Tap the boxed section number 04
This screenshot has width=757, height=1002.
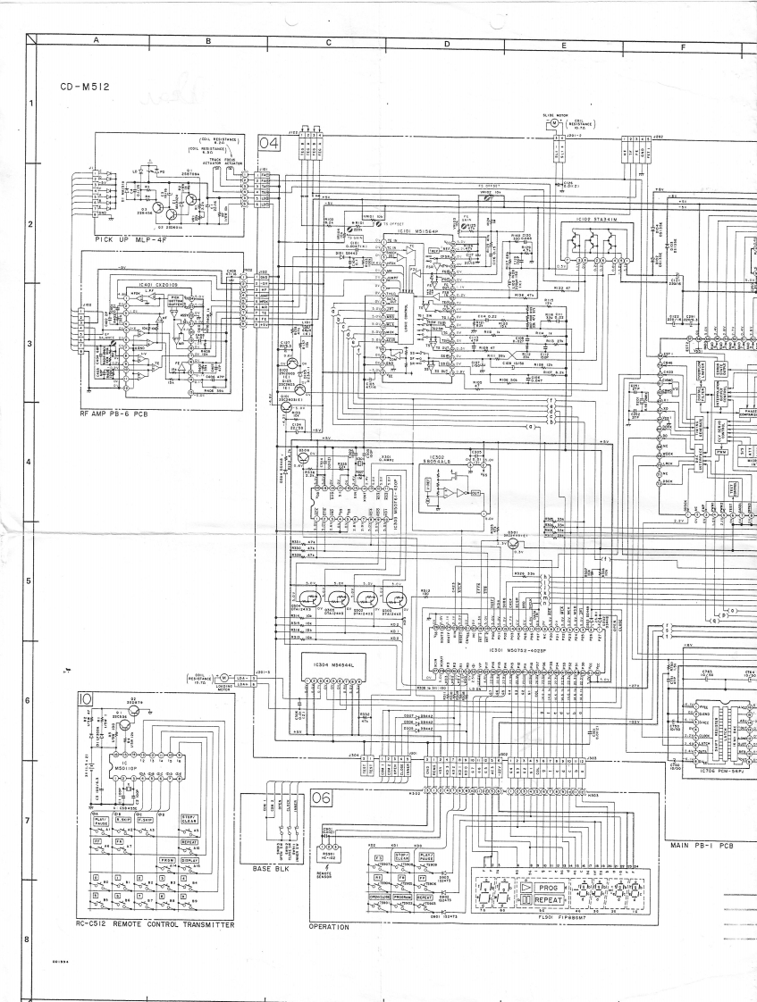pos(269,143)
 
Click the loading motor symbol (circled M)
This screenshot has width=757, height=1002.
pos(225,681)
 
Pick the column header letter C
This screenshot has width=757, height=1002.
pos(328,42)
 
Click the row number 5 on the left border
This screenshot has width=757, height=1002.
pos(29,581)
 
